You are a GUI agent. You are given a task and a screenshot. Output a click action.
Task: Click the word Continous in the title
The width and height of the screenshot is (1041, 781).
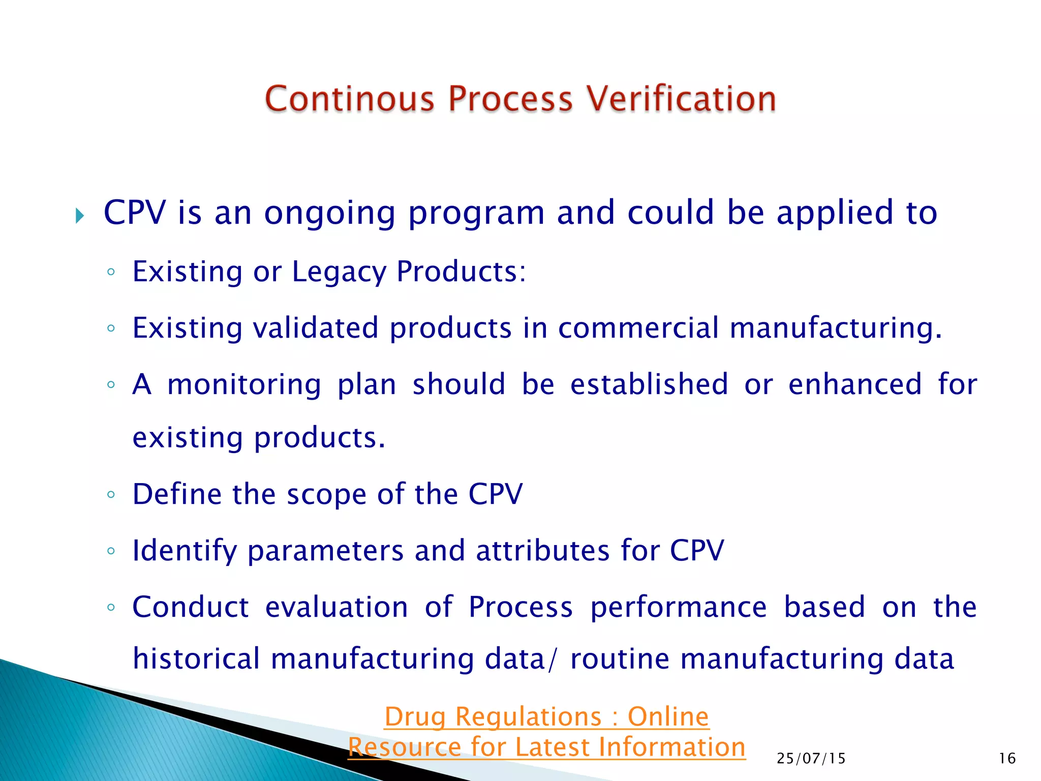click(x=350, y=99)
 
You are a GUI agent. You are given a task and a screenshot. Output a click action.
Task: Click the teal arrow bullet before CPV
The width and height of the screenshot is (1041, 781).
click(x=79, y=216)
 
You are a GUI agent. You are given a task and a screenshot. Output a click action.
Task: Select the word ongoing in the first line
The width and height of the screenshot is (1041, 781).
click(x=329, y=214)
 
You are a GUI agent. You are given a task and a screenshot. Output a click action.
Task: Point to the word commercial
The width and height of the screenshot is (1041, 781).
click(x=638, y=328)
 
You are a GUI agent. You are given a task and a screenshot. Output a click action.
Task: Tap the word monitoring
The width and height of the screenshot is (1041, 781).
click(x=244, y=384)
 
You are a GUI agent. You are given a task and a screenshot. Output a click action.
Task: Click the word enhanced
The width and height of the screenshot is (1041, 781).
click(x=854, y=384)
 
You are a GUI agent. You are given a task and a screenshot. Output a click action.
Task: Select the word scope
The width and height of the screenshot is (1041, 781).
click(x=326, y=494)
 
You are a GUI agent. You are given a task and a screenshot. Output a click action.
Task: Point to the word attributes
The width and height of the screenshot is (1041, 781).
click(x=542, y=551)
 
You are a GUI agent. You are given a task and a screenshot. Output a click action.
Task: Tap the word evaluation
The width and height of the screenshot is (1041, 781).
click(x=336, y=607)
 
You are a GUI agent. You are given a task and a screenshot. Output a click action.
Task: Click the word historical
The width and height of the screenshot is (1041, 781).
click(x=196, y=659)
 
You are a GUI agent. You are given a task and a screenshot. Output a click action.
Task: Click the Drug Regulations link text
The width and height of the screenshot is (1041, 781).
click(x=546, y=717)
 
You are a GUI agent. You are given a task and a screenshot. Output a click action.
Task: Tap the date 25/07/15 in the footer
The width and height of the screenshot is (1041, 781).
click(x=811, y=759)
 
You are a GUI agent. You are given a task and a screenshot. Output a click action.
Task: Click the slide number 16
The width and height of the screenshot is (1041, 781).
click(x=1007, y=759)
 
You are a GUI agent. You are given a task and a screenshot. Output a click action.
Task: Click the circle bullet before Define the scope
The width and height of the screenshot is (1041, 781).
click(x=111, y=494)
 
